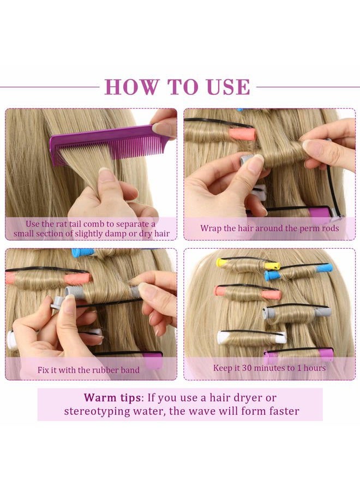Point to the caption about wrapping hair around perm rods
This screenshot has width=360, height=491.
click(x=269, y=228)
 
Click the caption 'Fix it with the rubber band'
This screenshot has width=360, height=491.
click(x=88, y=370)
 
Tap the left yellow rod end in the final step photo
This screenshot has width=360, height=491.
click(x=223, y=263)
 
